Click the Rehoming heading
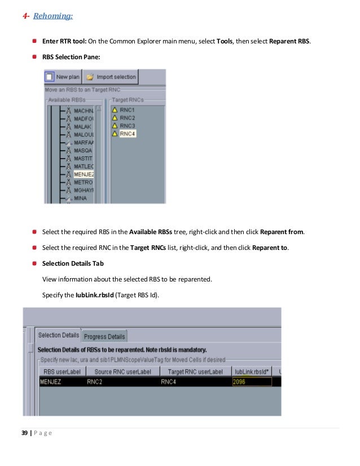point(52,16)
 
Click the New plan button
point(63,77)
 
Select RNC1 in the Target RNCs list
point(127,109)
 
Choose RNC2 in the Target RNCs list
point(127,117)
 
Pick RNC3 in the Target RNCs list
point(127,125)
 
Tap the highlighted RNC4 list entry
point(128,134)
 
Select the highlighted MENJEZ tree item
point(84,174)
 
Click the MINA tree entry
point(80,199)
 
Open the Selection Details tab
point(58,335)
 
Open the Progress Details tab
point(104,337)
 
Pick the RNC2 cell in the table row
point(94,381)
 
